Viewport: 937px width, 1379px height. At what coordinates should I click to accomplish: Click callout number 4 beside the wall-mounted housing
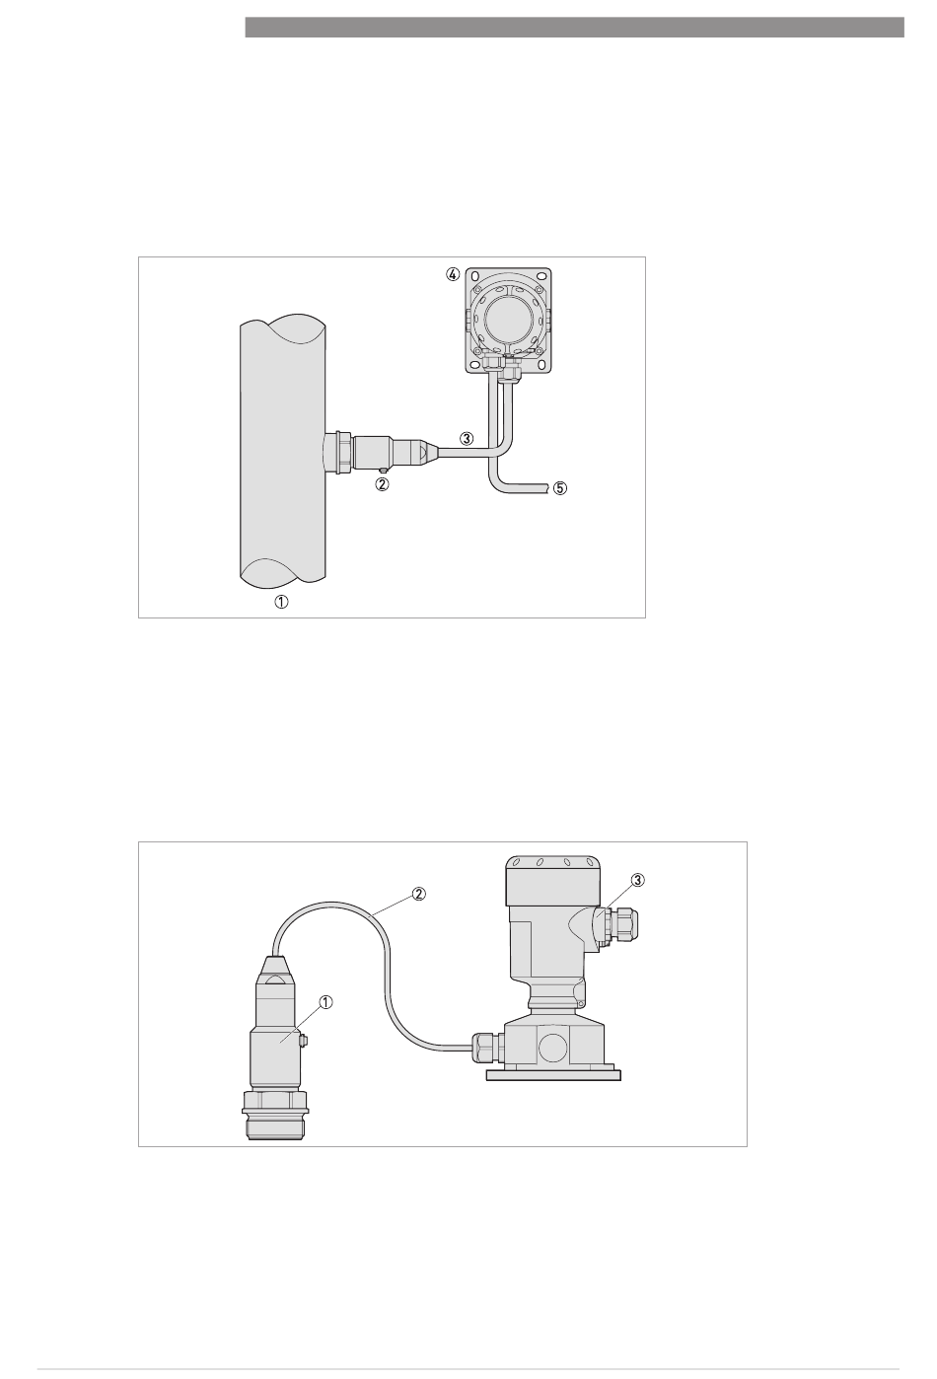click(x=453, y=274)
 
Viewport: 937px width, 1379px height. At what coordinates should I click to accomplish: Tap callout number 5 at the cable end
click(x=559, y=488)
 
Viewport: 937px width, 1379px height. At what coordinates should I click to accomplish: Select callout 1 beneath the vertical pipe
click(x=281, y=602)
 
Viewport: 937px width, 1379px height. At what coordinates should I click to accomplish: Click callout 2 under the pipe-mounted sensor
click(x=383, y=484)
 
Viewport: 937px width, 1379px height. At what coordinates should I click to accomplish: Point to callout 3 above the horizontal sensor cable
click(x=467, y=438)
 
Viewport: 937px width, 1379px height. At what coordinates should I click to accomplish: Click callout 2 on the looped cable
click(x=418, y=894)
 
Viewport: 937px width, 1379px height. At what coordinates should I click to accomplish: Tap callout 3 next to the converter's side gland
click(x=638, y=880)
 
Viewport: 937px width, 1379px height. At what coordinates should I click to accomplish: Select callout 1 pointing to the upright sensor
click(x=325, y=1002)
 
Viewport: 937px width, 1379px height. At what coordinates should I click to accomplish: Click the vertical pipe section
click(x=282, y=451)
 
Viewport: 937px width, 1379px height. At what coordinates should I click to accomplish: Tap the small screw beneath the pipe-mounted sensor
click(x=382, y=471)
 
